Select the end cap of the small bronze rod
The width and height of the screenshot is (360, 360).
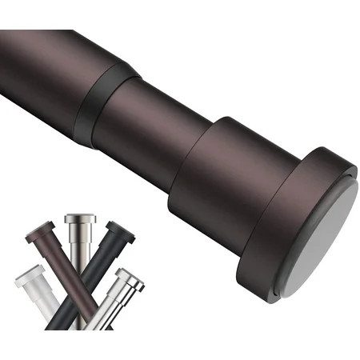[x=40, y=231]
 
